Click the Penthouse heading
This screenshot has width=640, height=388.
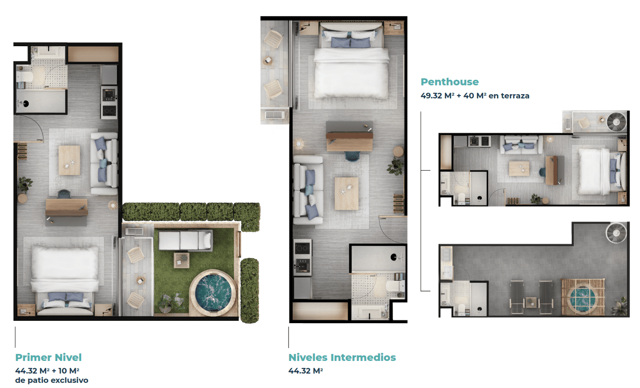[450, 82]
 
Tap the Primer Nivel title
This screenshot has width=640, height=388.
[48, 357]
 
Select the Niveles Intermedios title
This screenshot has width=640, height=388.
[342, 357]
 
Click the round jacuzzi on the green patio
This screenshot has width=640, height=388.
[213, 293]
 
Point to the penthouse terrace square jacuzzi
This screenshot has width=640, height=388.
[583, 297]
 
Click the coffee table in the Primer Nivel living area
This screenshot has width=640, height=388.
[69, 160]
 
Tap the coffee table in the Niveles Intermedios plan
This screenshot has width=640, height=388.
[346, 193]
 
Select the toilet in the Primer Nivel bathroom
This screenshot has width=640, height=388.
[25, 76]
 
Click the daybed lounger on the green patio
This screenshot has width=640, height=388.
[185, 241]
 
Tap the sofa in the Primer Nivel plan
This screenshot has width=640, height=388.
[104, 163]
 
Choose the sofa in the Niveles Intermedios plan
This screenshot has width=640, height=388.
[308, 190]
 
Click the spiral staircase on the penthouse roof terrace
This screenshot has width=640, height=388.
[616, 234]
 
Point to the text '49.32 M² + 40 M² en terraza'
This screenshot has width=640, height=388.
[475, 96]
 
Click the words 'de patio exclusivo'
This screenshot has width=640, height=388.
[52, 380]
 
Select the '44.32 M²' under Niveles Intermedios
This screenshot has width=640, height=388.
[305, 371]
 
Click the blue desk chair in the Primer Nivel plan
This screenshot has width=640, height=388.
[64, 194]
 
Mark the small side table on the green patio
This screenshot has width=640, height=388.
[182, 260]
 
